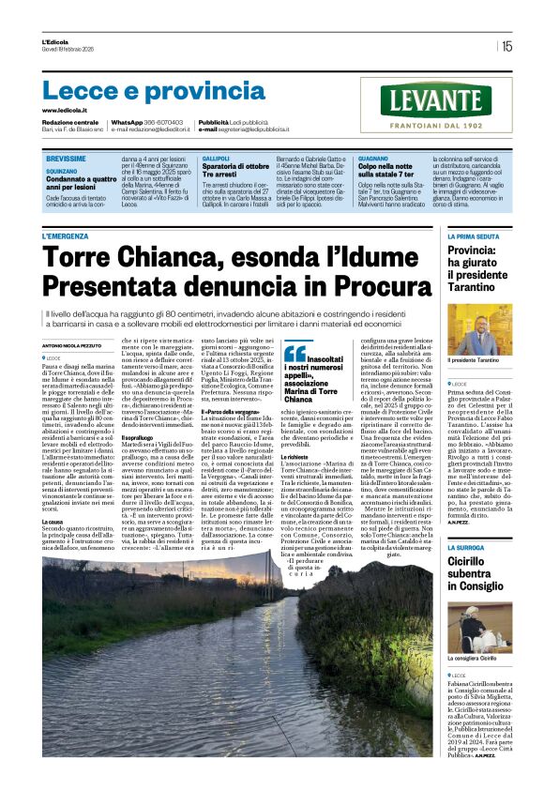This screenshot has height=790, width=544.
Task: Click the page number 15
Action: pyautogui.click(x=506, y=45)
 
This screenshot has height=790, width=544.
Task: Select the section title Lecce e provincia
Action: pyautogui.click(x=141, y=90)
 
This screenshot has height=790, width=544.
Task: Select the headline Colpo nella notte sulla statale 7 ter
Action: pyautogui.click(x=386, y=170)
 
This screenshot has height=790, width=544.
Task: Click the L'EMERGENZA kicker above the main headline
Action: pyautogui.click(x=71, y=236)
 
